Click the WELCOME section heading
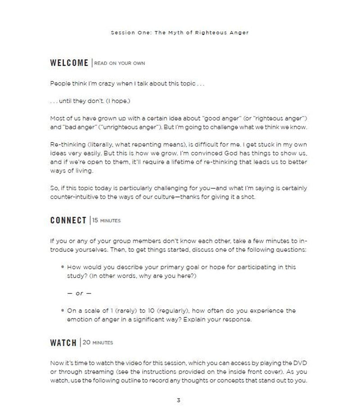click(x=69, y=63)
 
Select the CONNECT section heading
click(x=68, y=220)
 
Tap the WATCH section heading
click(x=63, y=343)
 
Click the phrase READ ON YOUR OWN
click(x=119, y=63)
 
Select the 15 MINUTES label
click(x=106, y=220)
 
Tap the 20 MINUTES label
click(x=98, y=343)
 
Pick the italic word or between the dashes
click(x=79, y=294)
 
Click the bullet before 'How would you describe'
click(x=63, y=267)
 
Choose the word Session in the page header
click(x=123, y=33)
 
